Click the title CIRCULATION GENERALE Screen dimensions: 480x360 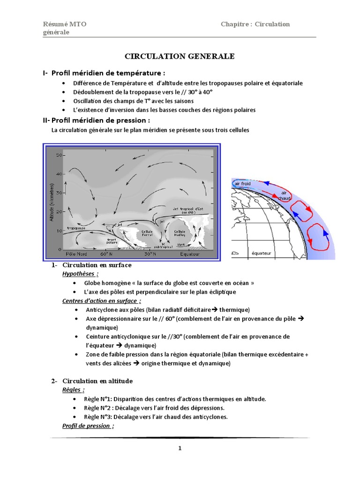click(180, 56)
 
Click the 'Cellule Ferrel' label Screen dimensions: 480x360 click(147, 233)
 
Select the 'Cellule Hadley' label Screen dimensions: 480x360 click(180, 233)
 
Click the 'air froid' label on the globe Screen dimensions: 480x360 click(243, 183)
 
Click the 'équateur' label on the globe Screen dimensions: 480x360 click(262, 253)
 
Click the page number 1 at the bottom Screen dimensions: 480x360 click(180, 448)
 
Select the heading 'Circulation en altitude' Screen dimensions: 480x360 click(97, 381)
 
